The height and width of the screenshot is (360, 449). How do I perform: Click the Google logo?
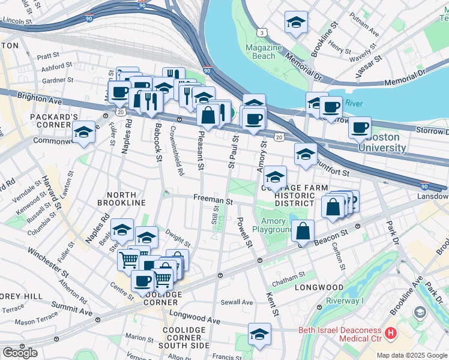point(20,352)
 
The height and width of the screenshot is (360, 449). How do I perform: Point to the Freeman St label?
point(212,199)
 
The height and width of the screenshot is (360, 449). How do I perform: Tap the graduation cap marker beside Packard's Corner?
point(83,133)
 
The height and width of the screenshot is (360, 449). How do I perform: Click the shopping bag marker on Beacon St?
point(304,230)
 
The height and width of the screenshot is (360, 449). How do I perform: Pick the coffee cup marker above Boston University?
point(360,127)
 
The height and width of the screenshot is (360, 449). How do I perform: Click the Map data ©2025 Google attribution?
point(412,355)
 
